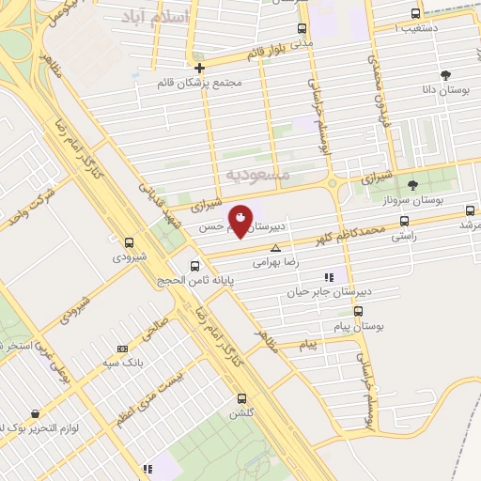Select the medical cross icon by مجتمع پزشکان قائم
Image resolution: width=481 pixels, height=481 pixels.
(199, 68)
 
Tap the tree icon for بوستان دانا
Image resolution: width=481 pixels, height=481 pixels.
(444, 74)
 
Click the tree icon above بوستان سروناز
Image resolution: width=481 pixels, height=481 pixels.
(412, 184)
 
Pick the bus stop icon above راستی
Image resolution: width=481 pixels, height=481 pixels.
(404, 222)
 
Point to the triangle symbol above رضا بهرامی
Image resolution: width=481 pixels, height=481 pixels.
(275, 249)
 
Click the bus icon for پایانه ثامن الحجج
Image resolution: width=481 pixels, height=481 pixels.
(194, 265)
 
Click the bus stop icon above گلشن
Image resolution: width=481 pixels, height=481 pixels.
(242, 398)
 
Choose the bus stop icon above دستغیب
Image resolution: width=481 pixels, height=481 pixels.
(416, 13)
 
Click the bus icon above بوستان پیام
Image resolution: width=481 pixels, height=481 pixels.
(358, 311)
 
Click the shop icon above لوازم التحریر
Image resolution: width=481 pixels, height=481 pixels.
(35, 413)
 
